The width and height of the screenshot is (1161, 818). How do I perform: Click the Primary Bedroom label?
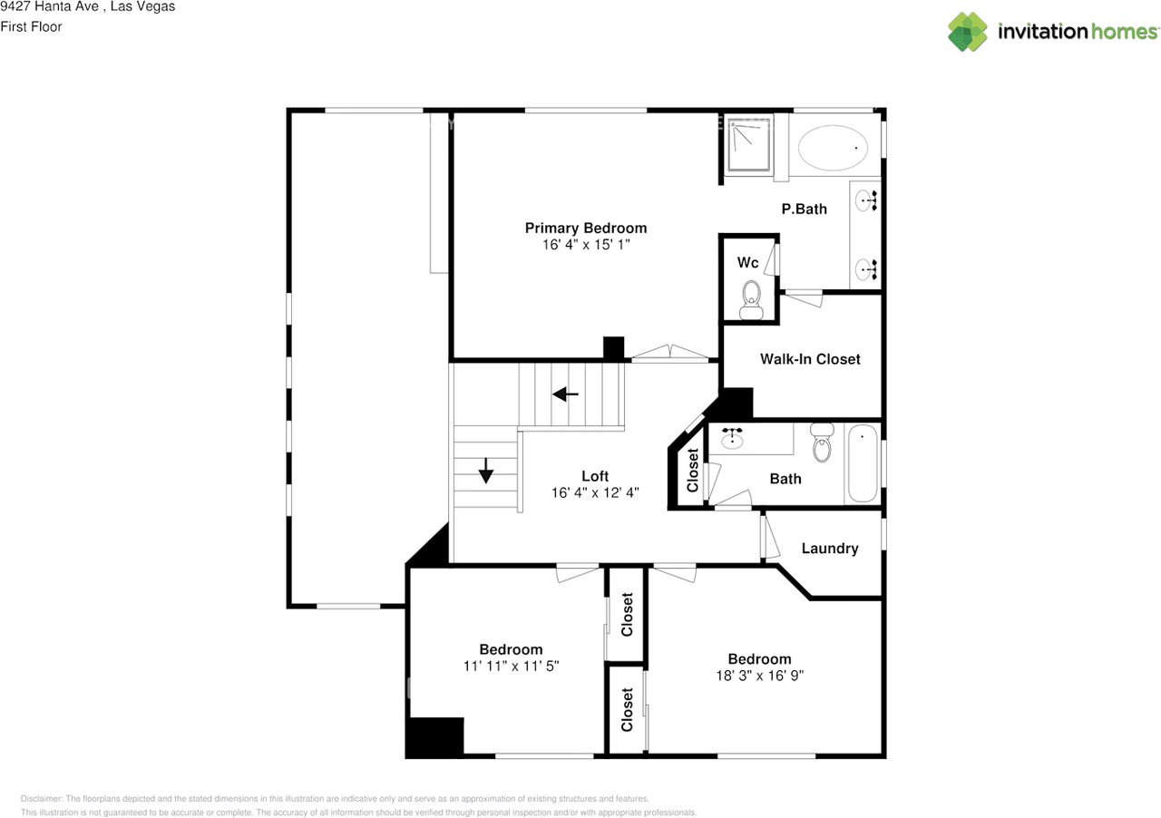[x=585, y=228]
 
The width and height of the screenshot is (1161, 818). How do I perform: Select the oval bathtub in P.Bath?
[x=833, y=147]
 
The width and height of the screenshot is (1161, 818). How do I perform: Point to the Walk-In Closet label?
[x=809, y=359]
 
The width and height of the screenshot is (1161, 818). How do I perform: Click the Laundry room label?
[x=829, y=549]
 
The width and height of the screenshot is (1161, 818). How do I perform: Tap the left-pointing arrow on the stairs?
[x=566, y=394]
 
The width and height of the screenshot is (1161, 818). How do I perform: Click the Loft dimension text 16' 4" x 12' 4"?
[x=594, y=493]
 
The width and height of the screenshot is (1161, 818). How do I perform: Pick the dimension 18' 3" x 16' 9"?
[x=759, y=676]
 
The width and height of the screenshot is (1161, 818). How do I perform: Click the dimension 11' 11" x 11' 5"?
[x=511, y=666]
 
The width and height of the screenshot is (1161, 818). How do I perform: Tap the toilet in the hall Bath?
[x=823, y=443]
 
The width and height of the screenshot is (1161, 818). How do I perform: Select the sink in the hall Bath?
[x=733, y=439]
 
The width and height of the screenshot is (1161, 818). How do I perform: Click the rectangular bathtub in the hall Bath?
[x=862, y=463]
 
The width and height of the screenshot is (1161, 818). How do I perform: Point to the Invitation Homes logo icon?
[x=968, y=32]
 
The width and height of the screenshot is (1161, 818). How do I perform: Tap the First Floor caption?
[x=32, y=27]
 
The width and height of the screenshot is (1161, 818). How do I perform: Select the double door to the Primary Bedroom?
[x=669, y=354]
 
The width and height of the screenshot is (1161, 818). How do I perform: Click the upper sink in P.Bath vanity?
[x=865, y=200]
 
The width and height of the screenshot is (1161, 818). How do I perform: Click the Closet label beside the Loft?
[x=693, y=471]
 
